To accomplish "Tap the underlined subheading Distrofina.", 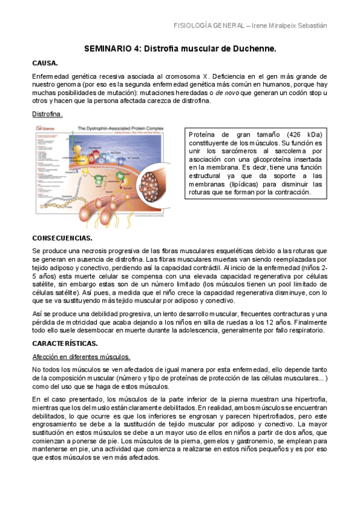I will pyautogui.click(x=47, y=114).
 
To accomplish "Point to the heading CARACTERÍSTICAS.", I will pyautogui.click(x=65, y=343).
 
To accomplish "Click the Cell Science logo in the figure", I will pyautogui.click(x=46, y=128).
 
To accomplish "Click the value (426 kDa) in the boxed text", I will pyautogui.click(x=304, y=134).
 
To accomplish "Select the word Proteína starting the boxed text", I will pyautogui.click(x=203, y=134).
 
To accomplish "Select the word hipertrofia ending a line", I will pyautogui.click(x=306, y=399).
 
